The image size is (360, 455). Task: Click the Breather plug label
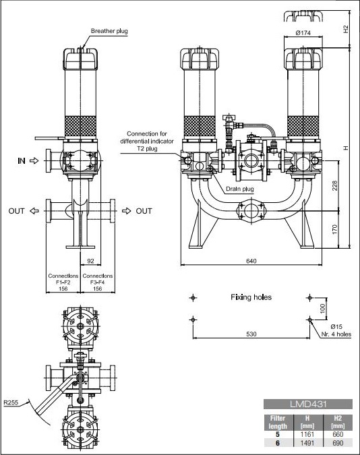(x=109, y=31)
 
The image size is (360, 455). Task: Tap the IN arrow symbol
(x=34, y=160)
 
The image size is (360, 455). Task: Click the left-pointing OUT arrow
(x=34, y=211)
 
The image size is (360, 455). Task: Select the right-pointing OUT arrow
(x=127, y=211)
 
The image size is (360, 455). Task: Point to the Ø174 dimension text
(x=303, y=33)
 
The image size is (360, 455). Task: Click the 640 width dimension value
(x=251, y=261)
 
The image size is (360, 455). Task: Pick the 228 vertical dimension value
(x=335, y=186)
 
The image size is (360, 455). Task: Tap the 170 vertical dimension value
(x=335, y=229)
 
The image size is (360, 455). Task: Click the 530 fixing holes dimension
(x=251, y=334)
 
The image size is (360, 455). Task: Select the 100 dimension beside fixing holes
(x=322, y=309)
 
